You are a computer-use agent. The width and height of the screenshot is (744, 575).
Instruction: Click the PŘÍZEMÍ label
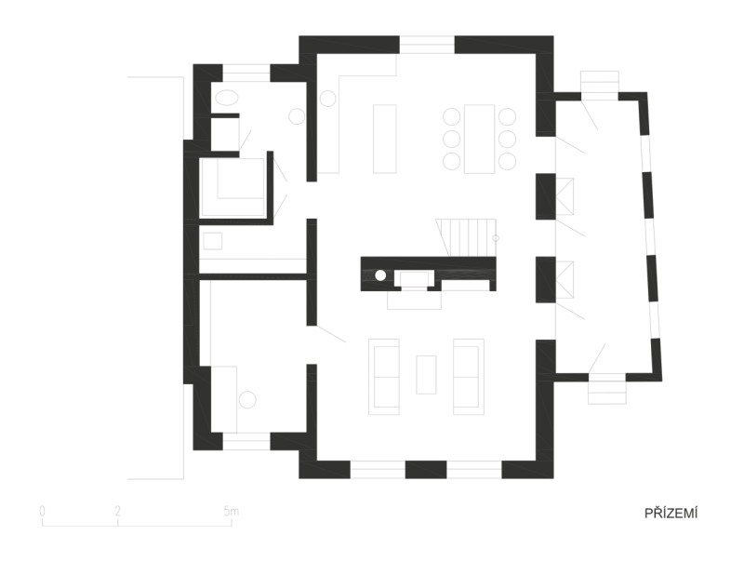point(671,514)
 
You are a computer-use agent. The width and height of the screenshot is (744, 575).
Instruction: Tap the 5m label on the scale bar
point(231,512)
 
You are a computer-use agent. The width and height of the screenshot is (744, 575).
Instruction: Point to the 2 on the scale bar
point(118,512)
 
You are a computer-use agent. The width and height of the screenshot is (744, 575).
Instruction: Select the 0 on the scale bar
point(42,512)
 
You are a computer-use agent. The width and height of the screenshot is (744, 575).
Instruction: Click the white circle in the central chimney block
point(380,274)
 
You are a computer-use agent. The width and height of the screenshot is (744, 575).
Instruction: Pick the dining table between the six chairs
point(479,139)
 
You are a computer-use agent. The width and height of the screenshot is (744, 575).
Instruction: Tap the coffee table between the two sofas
point(426,375)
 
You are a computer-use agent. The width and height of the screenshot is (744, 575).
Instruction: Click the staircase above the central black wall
point(467,237)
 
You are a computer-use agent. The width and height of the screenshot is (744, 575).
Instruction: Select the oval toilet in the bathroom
point(227,98)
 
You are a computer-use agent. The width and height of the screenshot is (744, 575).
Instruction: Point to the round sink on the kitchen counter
point(327,99)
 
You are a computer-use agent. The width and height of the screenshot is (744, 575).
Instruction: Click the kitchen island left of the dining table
point(385,139)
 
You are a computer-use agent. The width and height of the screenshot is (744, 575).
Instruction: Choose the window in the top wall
point(427,45)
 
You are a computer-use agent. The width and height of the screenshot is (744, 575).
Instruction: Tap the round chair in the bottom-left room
point(247,399)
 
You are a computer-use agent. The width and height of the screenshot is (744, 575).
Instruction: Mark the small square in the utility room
point(213,241)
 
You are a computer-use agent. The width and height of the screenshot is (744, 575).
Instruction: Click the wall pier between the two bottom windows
point(426,470)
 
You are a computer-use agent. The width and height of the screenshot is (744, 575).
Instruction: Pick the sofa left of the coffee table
point(384,377)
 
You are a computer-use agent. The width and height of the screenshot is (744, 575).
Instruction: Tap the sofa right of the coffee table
point(469,377)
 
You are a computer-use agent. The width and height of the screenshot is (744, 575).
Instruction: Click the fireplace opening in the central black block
point(414,279)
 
